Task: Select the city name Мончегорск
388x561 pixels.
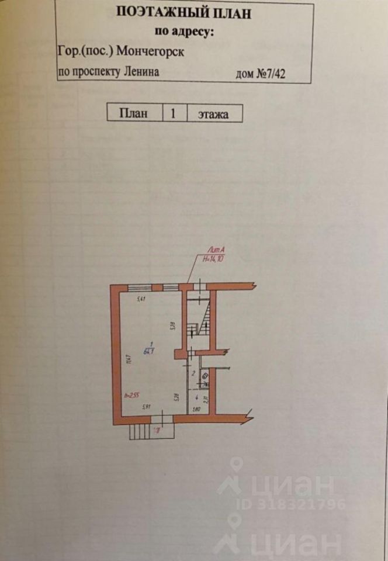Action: (x=151, y=51)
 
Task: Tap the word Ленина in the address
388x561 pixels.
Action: (x=141, y=72)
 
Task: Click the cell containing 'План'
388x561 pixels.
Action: (x=133, y=113)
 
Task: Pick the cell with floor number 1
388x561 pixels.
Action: (x=173, y=113)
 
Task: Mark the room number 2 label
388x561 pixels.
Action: (x=193, y=372)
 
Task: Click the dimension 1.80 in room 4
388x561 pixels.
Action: (x=198, y=409)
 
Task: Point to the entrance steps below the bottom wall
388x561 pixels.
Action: (x=140, y=432)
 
